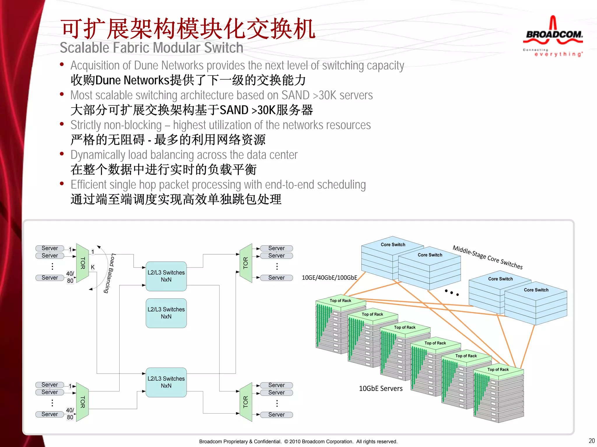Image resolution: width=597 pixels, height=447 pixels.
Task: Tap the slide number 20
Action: coord(591,441)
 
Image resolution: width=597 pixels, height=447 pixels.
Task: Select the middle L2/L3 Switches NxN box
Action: coord(166,313)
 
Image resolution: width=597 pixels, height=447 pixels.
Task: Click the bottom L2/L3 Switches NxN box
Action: coord(166,382)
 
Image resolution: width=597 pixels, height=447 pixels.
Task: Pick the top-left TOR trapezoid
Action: coord(82,263)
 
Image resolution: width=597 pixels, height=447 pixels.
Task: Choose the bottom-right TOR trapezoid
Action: coord(246,402)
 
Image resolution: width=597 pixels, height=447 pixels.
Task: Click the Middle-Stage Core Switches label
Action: coord(487,257)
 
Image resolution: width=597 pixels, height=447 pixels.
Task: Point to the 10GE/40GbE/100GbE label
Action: coord(329,278)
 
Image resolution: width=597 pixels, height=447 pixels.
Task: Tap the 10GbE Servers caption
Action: coord(381,389)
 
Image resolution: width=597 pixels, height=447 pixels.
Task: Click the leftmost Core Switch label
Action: coord(393,245)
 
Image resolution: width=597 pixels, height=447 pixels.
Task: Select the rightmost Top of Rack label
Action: coord(498,370)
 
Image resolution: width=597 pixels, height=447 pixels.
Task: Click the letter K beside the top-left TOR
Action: coord(93,267)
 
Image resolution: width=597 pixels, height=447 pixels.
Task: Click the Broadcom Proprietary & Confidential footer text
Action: coord(298,441)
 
